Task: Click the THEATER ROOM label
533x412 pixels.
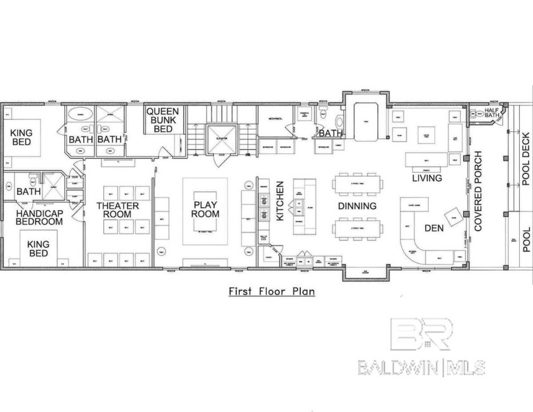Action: point(117,210)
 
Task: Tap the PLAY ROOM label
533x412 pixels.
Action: point(207,209)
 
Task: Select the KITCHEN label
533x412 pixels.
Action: point(280,201)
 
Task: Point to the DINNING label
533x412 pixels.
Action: point(357,206)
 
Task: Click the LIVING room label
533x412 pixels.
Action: point(427,178)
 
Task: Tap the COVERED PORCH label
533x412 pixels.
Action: point(478,190)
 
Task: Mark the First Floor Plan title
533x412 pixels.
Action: point(272,291)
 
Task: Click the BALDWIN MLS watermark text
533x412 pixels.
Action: point(421,366)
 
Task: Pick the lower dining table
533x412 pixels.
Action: point(359,227)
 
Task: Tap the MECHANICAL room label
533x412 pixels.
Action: point(274,119)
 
